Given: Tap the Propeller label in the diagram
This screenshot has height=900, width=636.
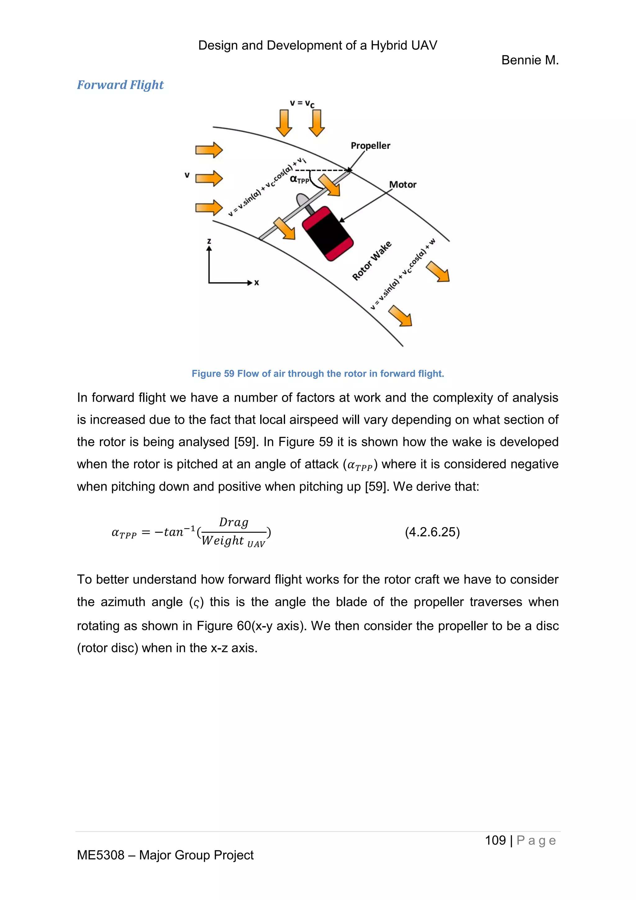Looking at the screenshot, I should pos(370,146).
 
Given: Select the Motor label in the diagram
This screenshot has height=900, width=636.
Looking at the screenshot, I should pos(402,185).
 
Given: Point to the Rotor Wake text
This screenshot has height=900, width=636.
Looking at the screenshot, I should pos(371,261).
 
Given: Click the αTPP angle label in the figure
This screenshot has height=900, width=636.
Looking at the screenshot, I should pos(299,180).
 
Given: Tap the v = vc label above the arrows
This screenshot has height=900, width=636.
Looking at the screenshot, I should pos(302,103).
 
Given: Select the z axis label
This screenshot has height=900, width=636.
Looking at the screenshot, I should pos(209,241).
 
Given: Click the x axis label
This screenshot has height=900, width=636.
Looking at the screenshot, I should pos(257,282).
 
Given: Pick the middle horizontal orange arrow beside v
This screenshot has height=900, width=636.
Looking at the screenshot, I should pos(209,179).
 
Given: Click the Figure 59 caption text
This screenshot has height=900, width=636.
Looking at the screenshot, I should pos(318,374).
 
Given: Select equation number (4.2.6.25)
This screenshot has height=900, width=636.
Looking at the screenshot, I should pos(432,532).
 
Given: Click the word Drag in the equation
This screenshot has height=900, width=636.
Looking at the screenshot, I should pos(234,522).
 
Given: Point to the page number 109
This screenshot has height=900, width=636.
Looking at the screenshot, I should pos(495,840).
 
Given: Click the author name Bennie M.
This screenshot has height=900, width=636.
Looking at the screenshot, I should pos(530,60).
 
